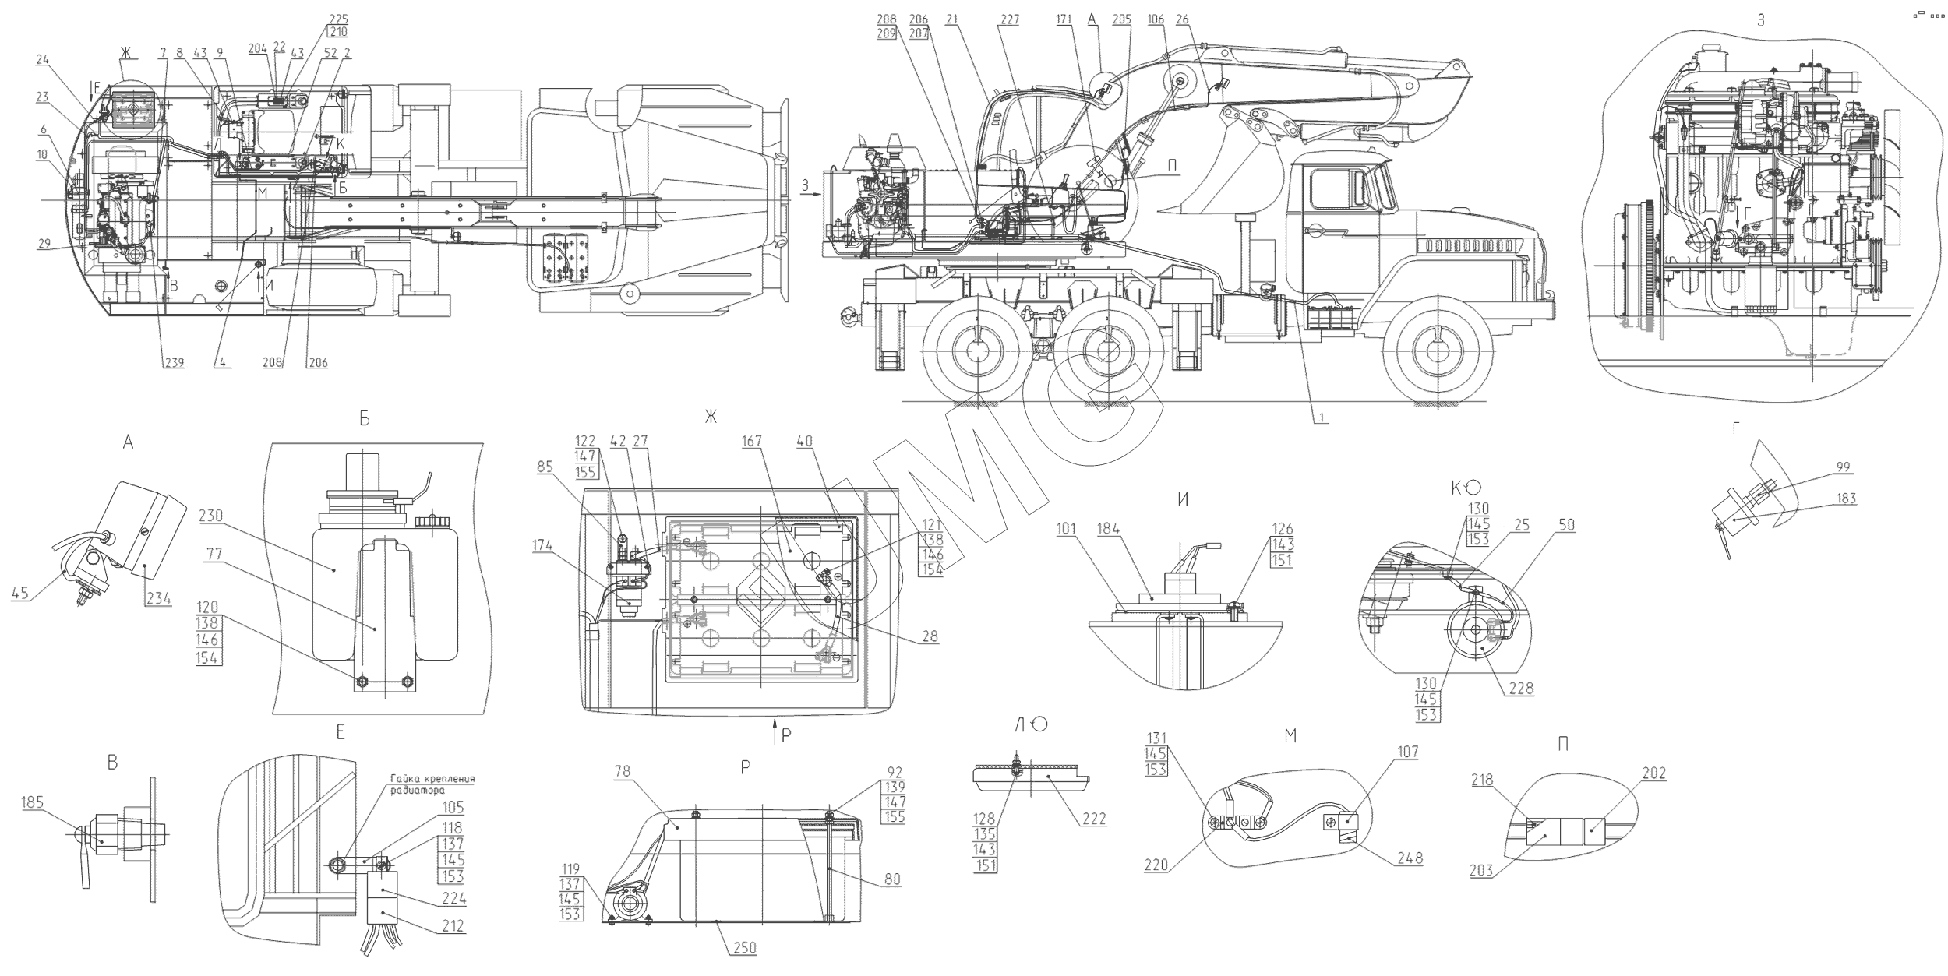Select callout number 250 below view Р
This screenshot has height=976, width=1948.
pos(745,948)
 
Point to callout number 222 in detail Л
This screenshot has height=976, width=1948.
pos(1094,819)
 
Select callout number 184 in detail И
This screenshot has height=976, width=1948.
pos(1131,530)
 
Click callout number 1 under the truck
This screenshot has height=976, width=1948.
pos(1322,418)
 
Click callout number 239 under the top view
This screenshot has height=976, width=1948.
pos(173,363)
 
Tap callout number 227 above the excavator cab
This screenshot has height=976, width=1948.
pos(1009,20)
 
